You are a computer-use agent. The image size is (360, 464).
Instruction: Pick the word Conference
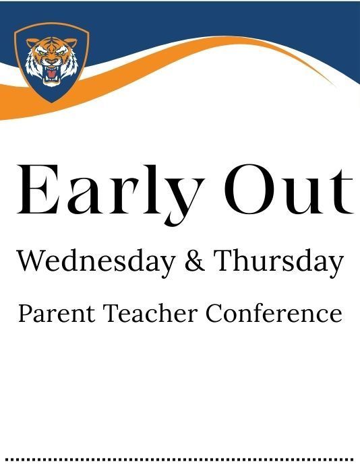click(x=274, y=314)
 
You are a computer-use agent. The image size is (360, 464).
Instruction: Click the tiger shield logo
click(x=51, y=62)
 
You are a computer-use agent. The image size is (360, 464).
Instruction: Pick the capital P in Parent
click(x=25, y=314)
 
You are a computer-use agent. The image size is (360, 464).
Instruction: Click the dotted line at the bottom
click(x=180, y=459)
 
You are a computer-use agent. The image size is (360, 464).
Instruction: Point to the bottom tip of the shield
click(x=51, y=102)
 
